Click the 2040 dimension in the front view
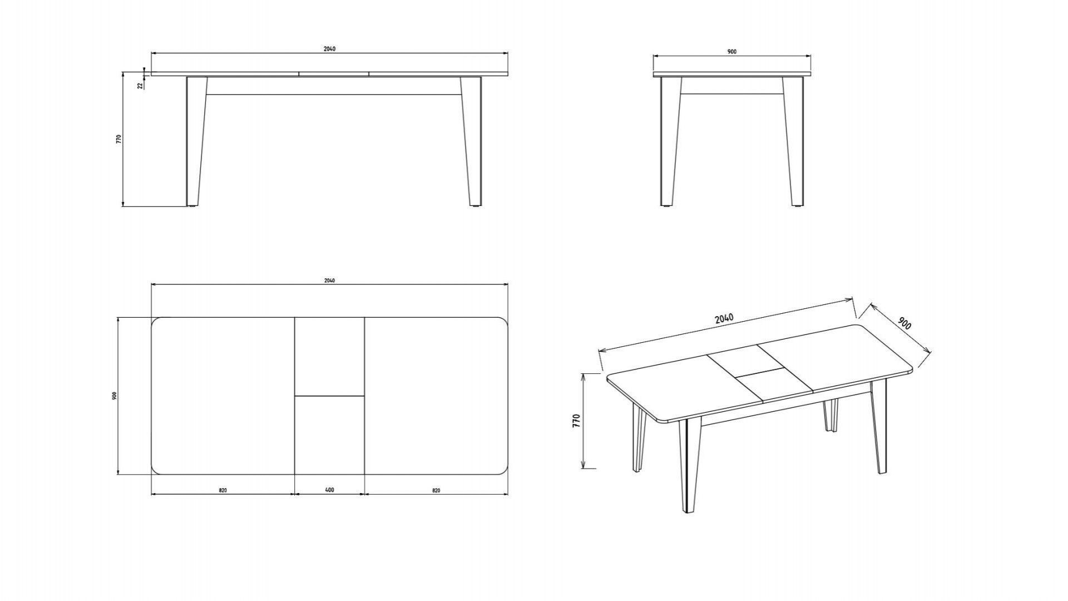pos(329,49)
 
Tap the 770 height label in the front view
pos(118,139)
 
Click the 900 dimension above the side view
pos(732,52)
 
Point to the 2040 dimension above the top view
pos(329,280)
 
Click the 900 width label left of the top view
pos(114,396)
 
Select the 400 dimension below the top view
pos(329,490)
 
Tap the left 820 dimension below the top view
pos(222,490)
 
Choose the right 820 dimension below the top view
pos(436,490)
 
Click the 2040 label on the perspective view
pos(724,318)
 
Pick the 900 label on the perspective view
pos(904,323)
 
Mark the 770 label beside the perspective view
pos(576,421)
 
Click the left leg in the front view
pos(196,141)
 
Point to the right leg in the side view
pos(793,141)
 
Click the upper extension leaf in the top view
pos(329,357)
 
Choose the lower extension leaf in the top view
pos(329,435)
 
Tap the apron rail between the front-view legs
pos(334,86)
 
